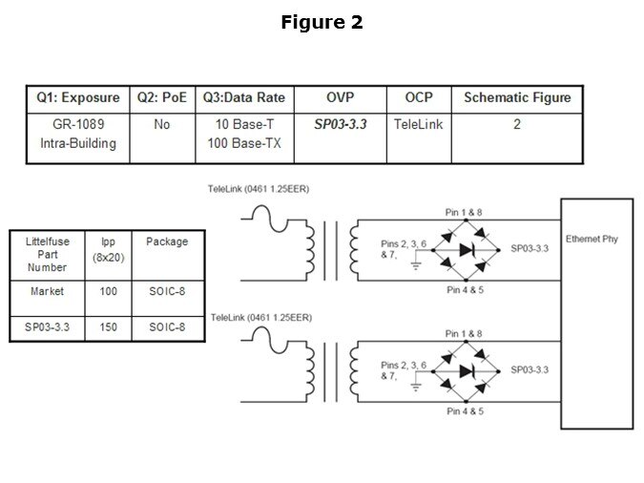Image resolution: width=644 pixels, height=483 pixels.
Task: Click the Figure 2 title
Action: (322, 22)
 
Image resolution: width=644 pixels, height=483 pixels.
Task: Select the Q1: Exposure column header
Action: (78, 98)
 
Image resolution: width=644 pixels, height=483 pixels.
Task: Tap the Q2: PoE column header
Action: (161, 98)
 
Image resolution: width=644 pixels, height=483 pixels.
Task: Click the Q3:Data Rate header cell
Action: (244, 98)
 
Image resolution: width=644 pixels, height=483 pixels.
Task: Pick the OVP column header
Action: (341, 98)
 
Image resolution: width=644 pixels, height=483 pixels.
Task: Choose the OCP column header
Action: (418, 98)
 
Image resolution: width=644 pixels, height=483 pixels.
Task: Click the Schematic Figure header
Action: (516, 98)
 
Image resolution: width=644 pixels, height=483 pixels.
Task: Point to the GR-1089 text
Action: (78, 125)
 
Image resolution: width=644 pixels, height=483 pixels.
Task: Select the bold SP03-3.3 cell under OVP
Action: (341, 125)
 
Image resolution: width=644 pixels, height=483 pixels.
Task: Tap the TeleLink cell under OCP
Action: (418, 125)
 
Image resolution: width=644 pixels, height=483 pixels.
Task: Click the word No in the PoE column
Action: (161, 125)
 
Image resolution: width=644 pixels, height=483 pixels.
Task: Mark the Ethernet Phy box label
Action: (592, 239)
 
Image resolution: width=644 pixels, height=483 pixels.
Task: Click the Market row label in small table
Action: (47, 291)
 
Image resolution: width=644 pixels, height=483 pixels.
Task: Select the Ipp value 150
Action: (108, 327)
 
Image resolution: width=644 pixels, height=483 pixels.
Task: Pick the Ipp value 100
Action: (108, 291)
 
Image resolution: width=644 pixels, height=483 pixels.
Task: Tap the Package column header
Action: (167, 242)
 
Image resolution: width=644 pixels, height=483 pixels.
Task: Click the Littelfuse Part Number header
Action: (47, 255)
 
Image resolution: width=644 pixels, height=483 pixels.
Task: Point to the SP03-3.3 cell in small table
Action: (47, 327)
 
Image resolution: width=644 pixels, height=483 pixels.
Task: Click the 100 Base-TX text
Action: (244, 144)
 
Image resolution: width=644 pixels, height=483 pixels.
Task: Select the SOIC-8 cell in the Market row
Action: (167, 291)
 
